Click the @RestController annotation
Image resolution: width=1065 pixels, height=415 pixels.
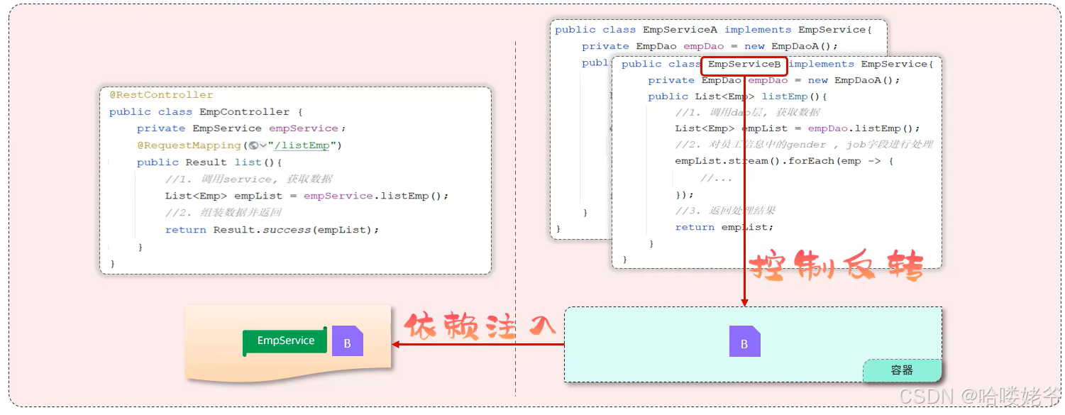(x=161, y=95)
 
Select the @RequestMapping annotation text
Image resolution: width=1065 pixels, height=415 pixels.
(x=189, y=145)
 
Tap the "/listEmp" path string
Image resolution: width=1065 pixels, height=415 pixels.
(x=305, y=145)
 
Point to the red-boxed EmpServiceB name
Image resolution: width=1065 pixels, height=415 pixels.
(x=744, y=65)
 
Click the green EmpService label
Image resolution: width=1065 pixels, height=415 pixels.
(x=285, y=341)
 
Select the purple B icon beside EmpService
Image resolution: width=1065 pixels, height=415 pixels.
(x=348, y=342)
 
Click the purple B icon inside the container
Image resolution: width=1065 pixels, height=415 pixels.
(x=744, y=343)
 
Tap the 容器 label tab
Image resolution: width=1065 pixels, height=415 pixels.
(x=902, y=370)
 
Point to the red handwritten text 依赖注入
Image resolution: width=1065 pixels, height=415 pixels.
(x=480, y=327)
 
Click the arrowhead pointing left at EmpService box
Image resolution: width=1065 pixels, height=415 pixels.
(x=394, y=344)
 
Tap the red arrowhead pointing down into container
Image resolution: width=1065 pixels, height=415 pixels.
(x=744, y=303)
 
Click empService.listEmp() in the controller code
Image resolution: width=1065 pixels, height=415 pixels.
(x=376, y=196)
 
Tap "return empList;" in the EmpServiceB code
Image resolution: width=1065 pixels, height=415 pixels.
(x=724, y=228)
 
